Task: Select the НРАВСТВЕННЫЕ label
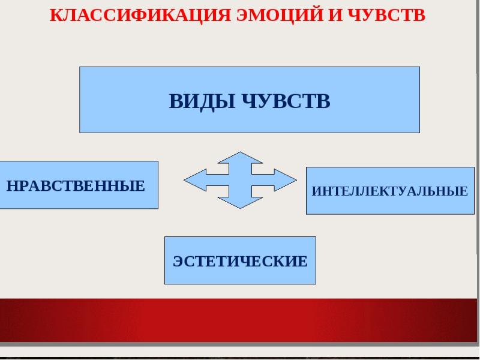coord(76,185)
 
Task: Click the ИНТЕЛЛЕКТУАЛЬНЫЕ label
coord(389,191)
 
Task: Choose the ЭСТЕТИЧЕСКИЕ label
coord(240,262)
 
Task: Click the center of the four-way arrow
coord(240,180)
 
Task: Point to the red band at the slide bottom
coord(240,320)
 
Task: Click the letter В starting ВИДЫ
coord(175,101)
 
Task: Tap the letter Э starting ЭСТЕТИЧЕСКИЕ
coord(178,262)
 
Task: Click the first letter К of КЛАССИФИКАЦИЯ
coord(55,15)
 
